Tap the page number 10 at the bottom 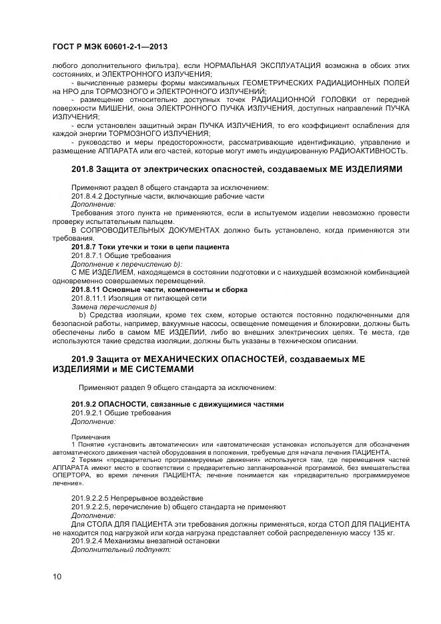(57, 576)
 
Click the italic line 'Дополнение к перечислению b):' (126, 264)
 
